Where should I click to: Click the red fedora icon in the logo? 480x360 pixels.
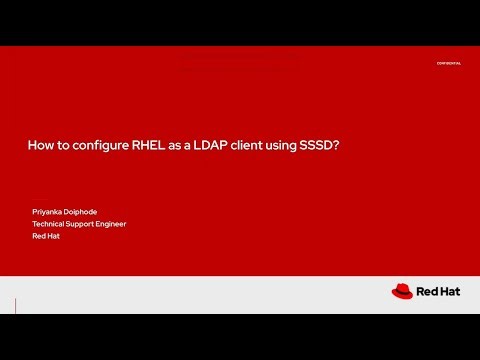point(402,291)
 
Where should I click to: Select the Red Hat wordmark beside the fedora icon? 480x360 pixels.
point(438,292)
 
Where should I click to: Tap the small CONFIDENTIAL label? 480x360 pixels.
point(448,63)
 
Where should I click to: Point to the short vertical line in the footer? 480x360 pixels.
point(17,305)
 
